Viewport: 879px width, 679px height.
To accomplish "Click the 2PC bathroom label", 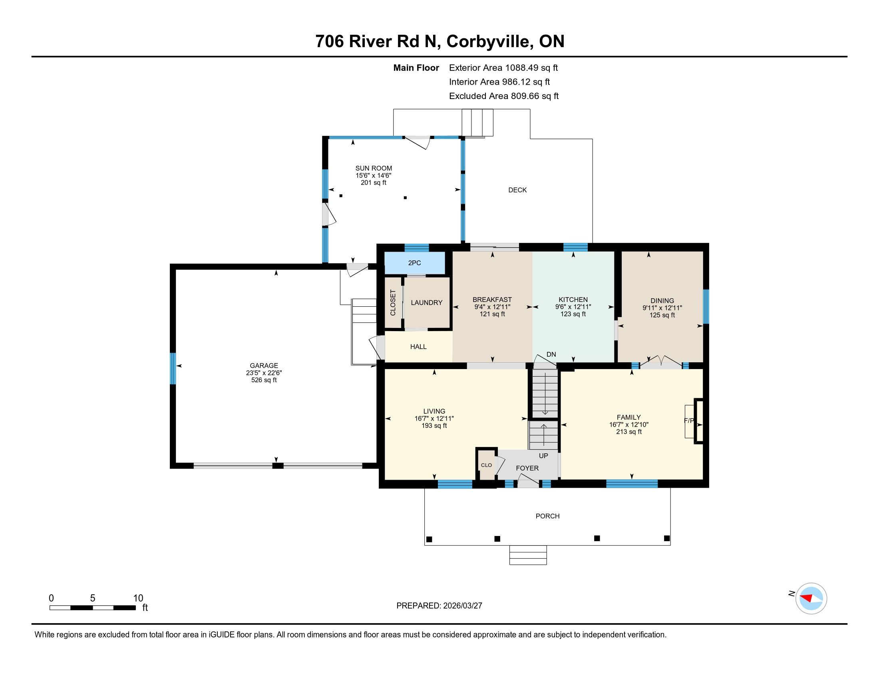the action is point(414,263).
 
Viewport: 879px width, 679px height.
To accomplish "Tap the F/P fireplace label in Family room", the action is point(689,421).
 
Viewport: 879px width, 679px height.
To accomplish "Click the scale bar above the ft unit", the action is point(93,608).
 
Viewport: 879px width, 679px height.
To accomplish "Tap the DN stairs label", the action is point(551,354).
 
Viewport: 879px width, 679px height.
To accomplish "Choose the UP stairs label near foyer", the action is point(543,456).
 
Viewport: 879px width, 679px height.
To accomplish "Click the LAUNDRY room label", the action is point(426,302).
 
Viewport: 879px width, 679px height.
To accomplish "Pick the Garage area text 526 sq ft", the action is point(264,380).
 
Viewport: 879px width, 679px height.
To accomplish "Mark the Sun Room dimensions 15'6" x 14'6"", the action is point(374,175).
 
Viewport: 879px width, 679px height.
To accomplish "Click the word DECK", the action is point(517,190).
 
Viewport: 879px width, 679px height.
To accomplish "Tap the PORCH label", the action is point(547,516).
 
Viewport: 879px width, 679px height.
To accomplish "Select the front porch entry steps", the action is point(528,555).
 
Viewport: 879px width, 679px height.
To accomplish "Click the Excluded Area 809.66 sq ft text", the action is point(504,96).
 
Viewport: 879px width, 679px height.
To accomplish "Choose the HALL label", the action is point(418,347).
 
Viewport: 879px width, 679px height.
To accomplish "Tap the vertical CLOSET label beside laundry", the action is point(393,302).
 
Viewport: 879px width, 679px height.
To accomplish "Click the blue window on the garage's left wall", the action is point(173,369).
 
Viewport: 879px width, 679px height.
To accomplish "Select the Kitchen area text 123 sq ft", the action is point(573,314).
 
